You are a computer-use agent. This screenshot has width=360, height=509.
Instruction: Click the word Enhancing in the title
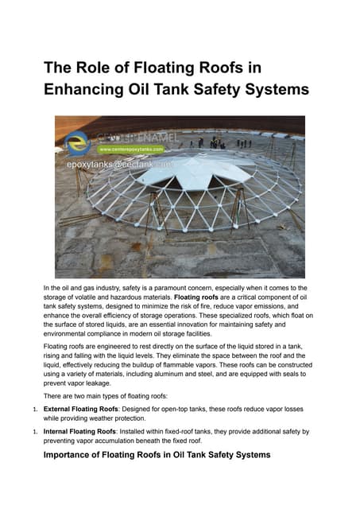87,89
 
